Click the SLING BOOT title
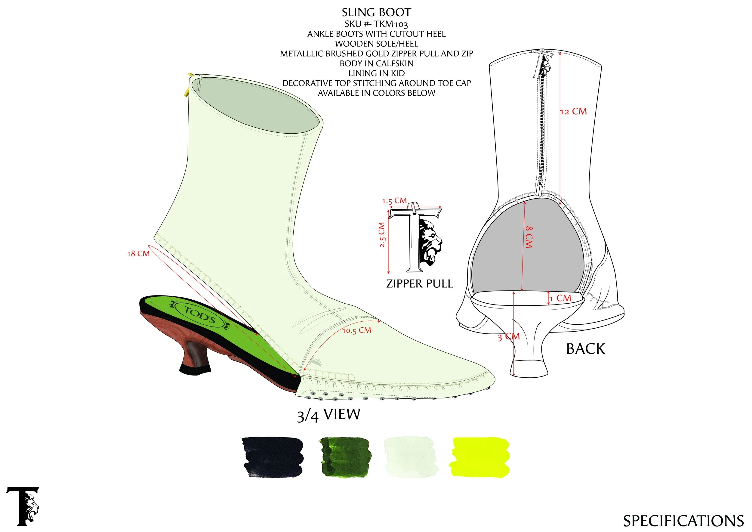(376, 12)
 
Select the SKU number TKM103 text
(376, 24)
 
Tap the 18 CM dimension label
(138, 254)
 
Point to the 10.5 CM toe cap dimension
(357, 330)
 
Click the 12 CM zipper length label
(573, 112)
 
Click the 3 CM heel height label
(508, 337)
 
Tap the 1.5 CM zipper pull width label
(394, 201)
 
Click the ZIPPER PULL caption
(420, 284)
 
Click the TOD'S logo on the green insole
(199, 314)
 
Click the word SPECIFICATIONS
(683, 521)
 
